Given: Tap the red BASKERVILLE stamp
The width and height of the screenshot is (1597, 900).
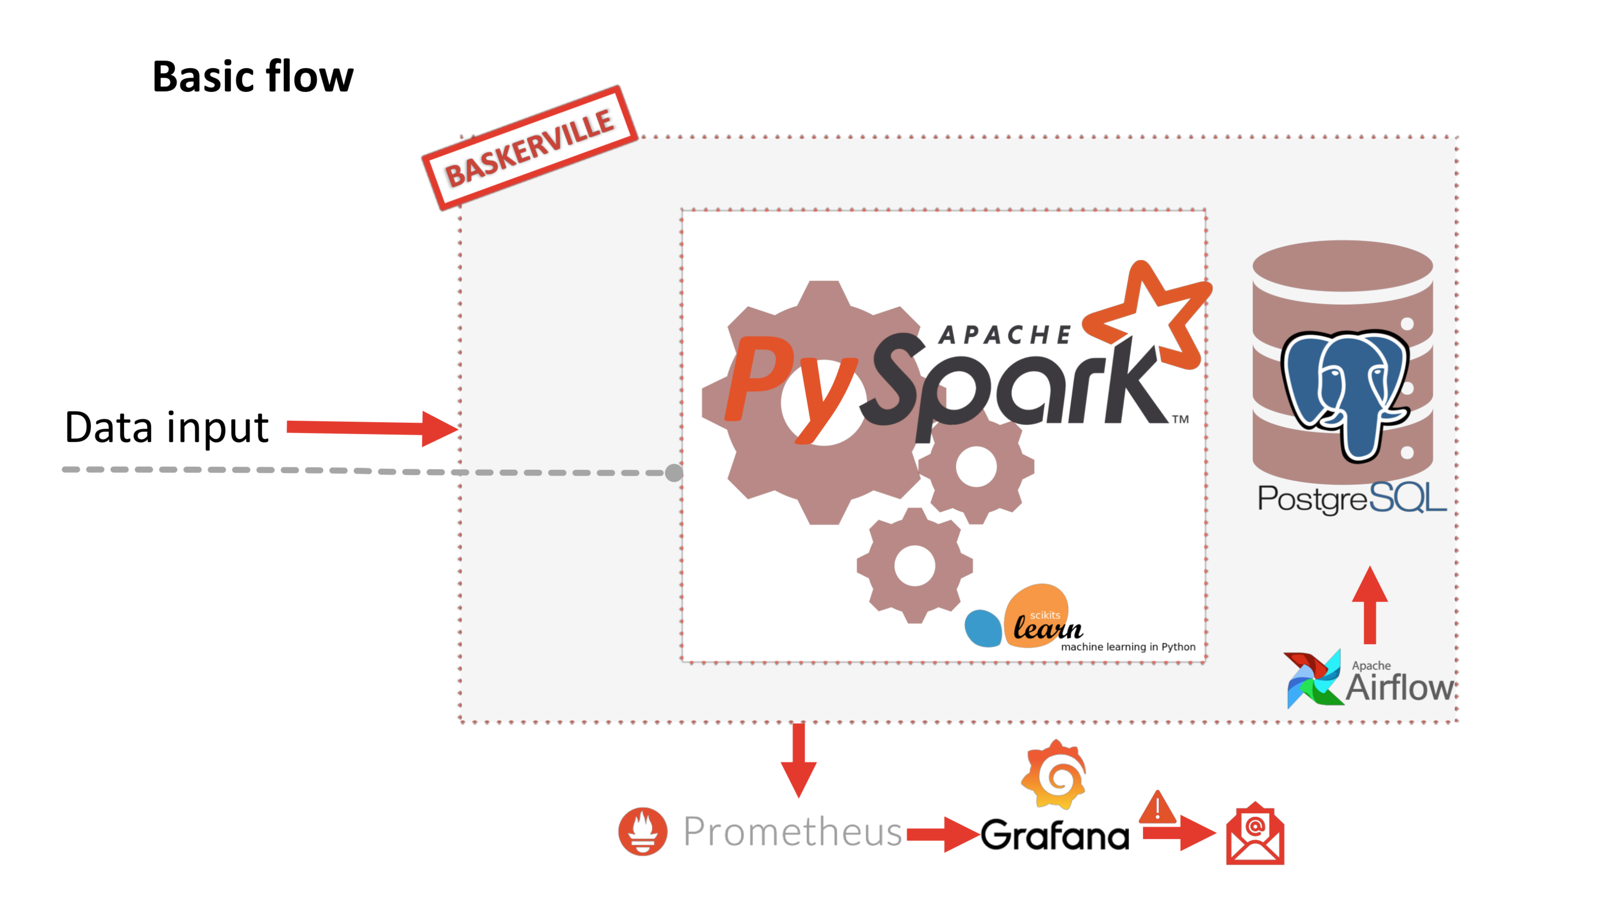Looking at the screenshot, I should click(530, 148).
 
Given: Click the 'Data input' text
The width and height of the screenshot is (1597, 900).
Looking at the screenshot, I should click(166, 427).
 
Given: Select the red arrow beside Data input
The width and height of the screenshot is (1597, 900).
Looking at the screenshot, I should click(372, 427).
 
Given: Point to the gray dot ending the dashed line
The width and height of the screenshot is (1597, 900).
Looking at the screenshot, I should click(673, 473).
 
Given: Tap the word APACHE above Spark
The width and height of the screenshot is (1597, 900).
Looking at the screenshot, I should click(1004, 335).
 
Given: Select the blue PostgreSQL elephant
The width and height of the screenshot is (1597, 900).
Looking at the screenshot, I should click(1345, 391).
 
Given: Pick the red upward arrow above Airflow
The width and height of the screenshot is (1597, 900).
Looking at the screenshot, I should click(1370, 605).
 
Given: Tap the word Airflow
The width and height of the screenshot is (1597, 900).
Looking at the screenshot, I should click(1400, 687).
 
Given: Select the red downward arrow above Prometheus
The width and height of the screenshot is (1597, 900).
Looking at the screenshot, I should click(798, 760).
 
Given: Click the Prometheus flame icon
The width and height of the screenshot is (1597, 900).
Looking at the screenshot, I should click(643, 831).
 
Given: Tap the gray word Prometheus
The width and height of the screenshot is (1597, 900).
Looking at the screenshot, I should click(792, 831).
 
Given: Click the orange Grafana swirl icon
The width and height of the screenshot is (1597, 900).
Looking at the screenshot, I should click(1054, 775).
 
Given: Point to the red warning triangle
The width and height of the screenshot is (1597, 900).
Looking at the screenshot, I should click(1157, 808).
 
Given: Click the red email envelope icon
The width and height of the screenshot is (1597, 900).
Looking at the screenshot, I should click(1255, 834).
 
